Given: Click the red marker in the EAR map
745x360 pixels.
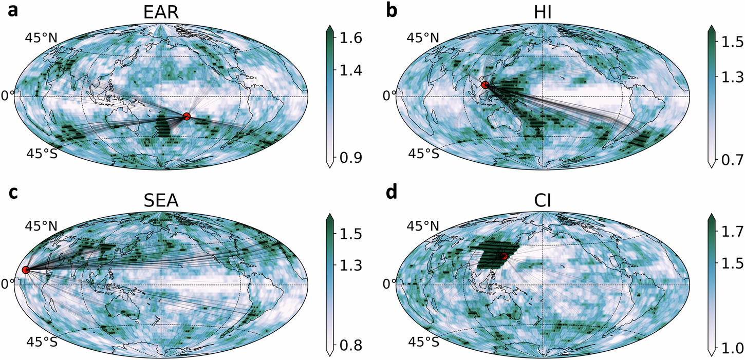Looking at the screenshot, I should tap(187, 117).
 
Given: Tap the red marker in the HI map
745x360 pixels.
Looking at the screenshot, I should tap(485, 85).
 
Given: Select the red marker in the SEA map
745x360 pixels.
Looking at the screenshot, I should tap(25, 270).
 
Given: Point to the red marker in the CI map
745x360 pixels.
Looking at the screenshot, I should tap(504, 256).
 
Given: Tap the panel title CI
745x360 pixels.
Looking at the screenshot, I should tap(542, 201).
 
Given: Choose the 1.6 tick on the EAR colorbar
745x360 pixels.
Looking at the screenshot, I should tap(351, 37).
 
